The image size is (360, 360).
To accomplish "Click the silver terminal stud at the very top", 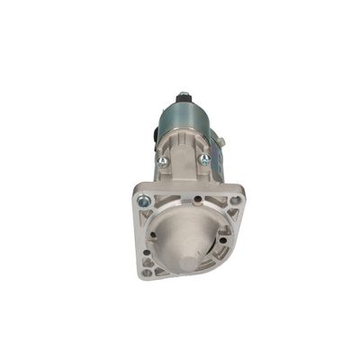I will (x=184, y=93).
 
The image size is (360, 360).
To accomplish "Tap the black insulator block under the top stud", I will (x=184, y=102).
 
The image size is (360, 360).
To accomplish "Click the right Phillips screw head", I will (x=206, y=160).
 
